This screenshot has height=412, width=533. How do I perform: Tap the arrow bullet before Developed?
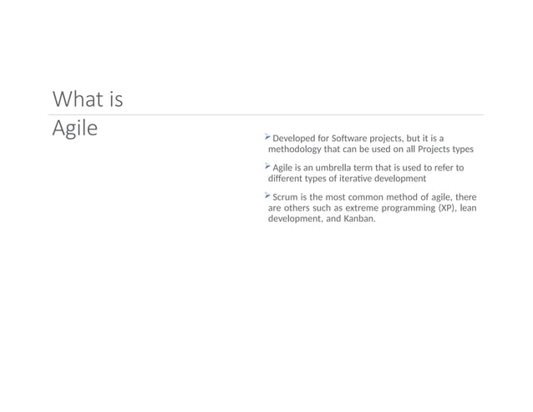tap(267, 136)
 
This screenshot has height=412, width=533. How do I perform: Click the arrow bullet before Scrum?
tap(267, 196)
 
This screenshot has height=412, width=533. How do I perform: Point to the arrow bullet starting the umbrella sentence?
tap(267, 166)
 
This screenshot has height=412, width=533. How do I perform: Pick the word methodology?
tap(298, 150)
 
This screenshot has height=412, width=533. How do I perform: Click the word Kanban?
tap(359, 220)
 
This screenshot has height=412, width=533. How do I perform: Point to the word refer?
tap(448, 168)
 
